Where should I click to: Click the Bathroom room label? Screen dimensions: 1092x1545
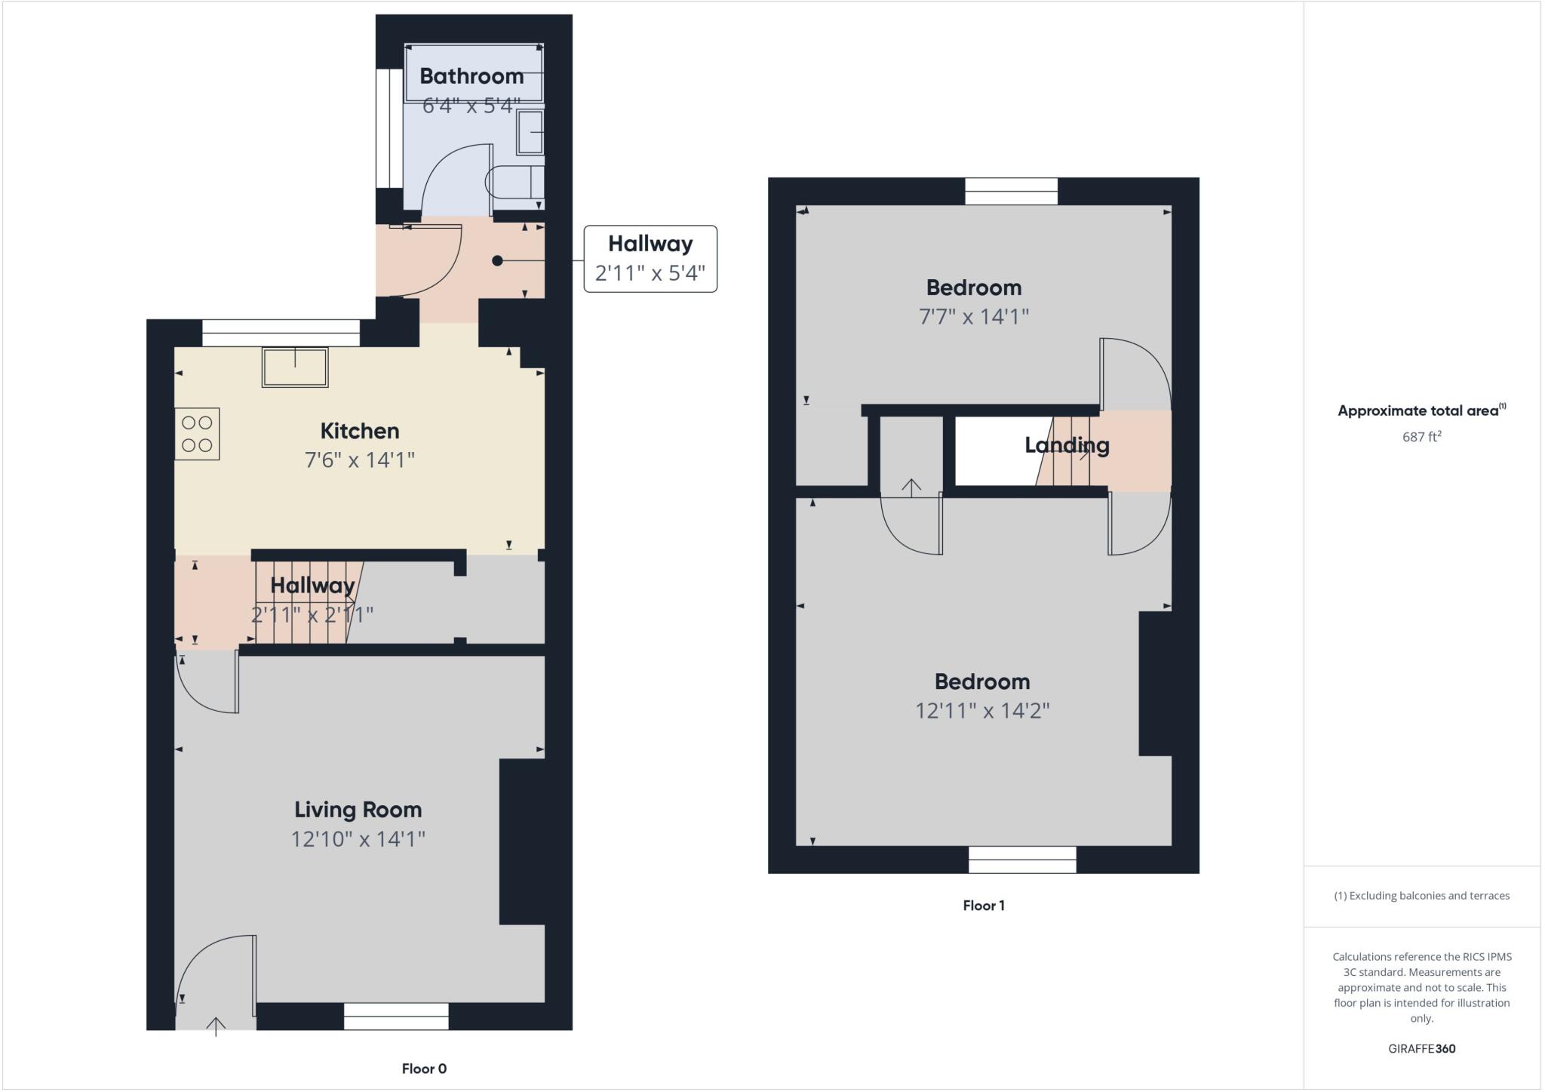471,76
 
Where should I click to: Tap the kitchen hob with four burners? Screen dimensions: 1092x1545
197,434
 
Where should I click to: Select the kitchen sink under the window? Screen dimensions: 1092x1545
295,368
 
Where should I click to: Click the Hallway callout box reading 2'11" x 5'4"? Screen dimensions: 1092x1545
650,259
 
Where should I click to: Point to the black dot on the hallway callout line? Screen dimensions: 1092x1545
497,260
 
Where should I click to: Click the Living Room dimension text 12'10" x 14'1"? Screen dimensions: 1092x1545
358,838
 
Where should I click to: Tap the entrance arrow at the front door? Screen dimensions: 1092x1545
217,1026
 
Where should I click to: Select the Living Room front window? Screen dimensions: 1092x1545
396,1016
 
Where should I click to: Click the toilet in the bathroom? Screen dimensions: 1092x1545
515,182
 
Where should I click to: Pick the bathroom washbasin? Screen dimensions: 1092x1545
531,132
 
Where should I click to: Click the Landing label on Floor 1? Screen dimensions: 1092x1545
1067,444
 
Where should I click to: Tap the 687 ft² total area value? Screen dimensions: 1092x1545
1421,437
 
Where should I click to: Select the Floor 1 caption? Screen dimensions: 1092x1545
984,906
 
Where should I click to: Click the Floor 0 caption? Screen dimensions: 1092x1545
424,1069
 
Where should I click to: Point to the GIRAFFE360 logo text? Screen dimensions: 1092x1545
1421,1048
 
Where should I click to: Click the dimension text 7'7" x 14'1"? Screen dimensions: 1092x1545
974,316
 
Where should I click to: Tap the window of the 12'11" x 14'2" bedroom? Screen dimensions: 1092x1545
1022,860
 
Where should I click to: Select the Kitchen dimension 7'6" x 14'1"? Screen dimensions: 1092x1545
360,460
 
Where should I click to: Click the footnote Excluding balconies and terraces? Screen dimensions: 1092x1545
1421,896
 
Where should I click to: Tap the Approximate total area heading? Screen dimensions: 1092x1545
1418,411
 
